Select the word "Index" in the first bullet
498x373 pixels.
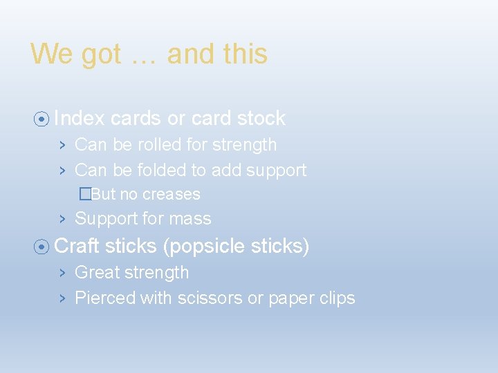79,118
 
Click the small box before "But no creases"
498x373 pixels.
85,194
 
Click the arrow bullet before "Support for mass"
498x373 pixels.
62,219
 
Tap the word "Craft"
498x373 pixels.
76,246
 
